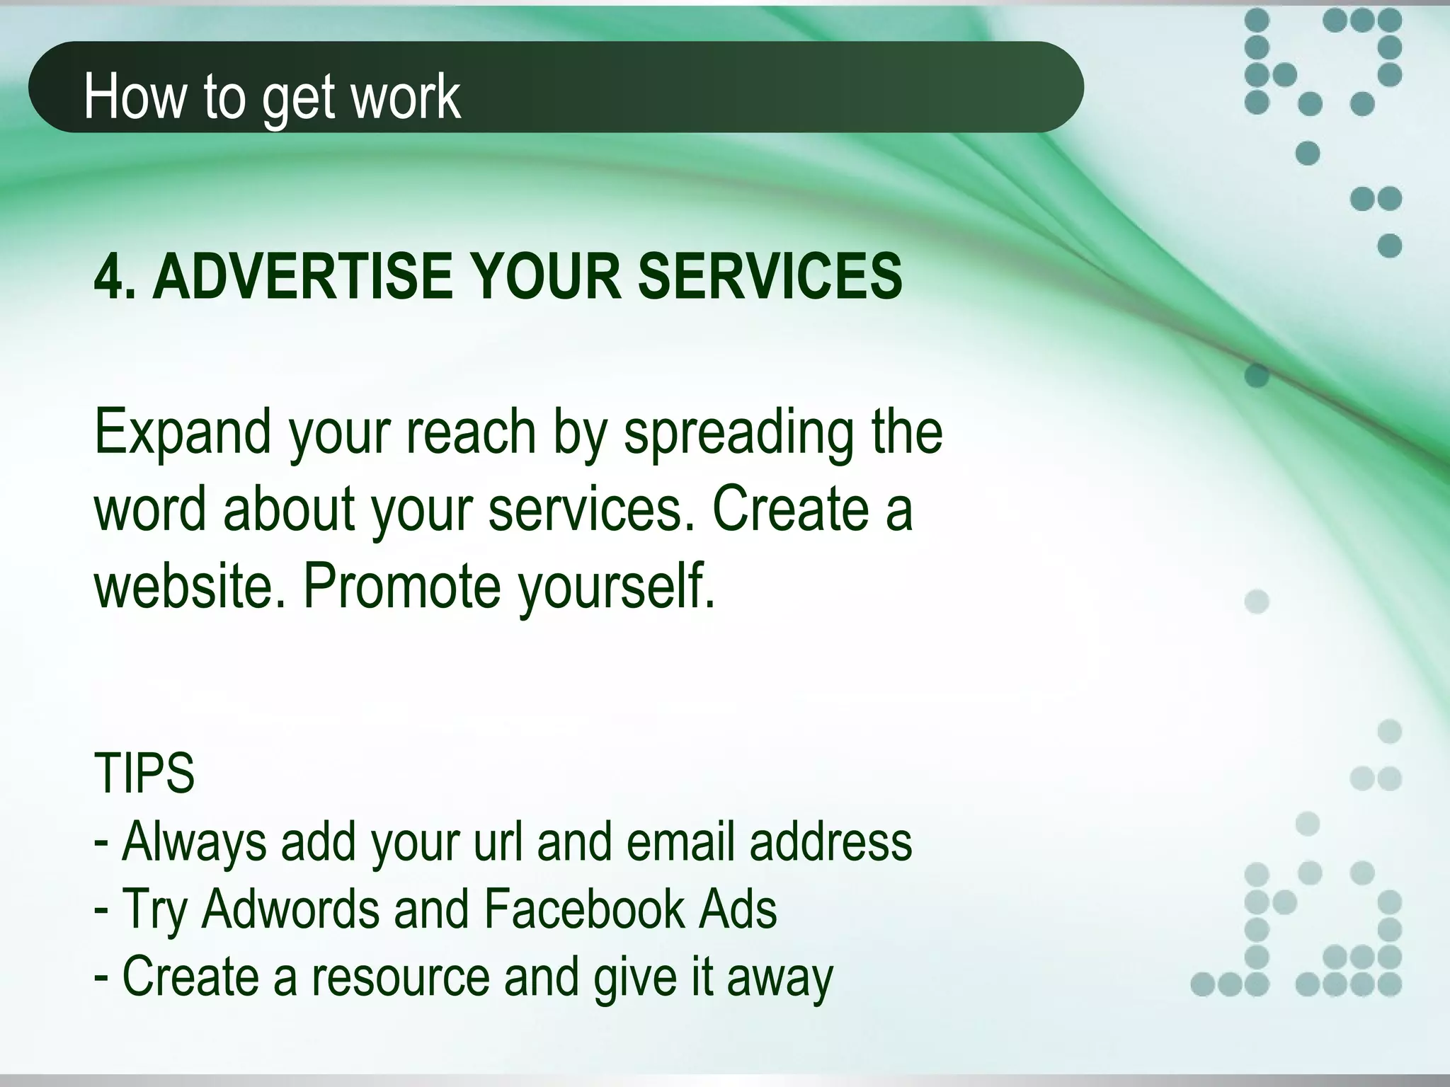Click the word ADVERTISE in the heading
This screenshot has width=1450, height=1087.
[x=302, y=277]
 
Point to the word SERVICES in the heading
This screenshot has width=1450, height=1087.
[x=770, y=277]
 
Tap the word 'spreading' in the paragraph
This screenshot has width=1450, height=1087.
[x=738, y=433]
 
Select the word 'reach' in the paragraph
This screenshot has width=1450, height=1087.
[x=470, y=432]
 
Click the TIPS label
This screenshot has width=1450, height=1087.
[x=144, y=773]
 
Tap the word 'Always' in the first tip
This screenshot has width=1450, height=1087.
[x=194, y=842]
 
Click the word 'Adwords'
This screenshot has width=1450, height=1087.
[x=291, y=909]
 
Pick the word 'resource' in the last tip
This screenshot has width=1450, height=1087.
[x=401, y=977]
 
